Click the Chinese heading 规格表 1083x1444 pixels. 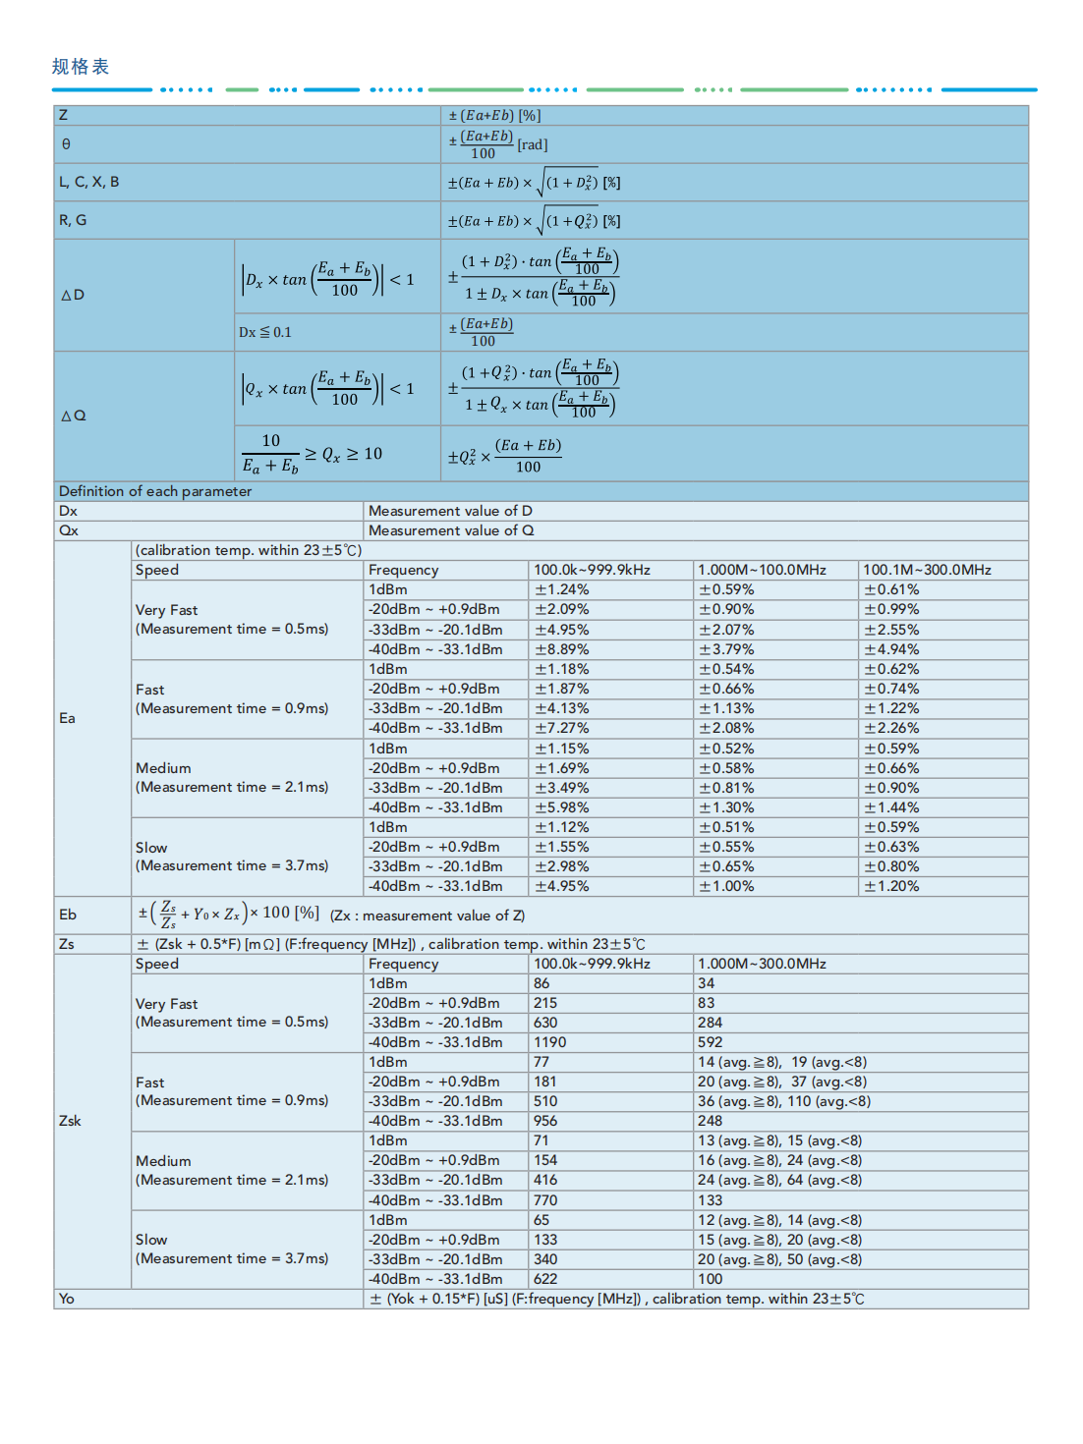pos(81,67)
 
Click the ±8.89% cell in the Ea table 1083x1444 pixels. pos(561,649)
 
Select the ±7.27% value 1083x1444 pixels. pos(561,728)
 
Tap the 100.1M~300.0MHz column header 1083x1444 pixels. pos(927,570)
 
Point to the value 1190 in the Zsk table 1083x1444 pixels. pos(549,1042)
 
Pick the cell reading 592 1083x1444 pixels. pos(710,1042)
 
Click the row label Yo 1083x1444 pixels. pos(66,1299)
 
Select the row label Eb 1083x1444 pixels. pos(67,915)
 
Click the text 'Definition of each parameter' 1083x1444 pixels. pos(155,491)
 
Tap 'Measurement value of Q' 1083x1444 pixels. pos(451,530)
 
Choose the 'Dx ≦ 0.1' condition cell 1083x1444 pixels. pos(265,332)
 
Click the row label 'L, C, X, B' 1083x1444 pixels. pos(88,182)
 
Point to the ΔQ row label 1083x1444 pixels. pos(74,416)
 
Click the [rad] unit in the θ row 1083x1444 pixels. pos(533,144)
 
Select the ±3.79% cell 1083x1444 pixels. pos(726,649)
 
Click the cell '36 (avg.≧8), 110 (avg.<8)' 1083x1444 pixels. pos(783,1101)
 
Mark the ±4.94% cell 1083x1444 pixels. pos(891,649)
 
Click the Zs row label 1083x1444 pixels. pos(66,944)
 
